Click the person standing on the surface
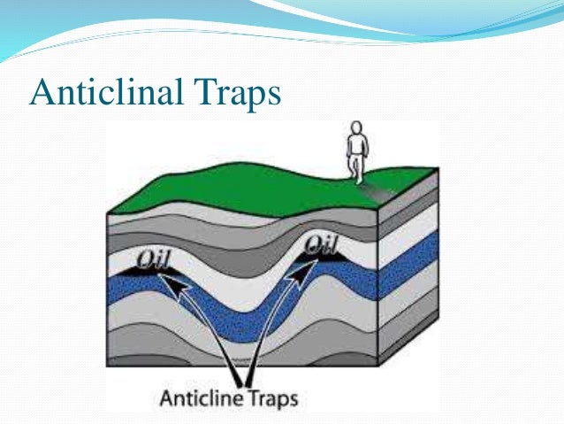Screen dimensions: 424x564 click(356, 152)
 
